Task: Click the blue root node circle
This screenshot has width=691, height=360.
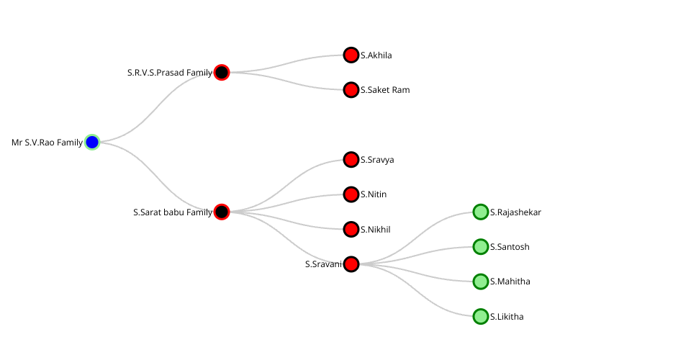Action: click(x=92, y=143)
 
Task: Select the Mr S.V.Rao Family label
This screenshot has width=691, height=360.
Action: click(x=48, y=143)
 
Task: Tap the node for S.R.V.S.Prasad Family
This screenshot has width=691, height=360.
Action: click(x=222, y=73)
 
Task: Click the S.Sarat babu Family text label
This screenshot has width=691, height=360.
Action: click(x=173, y=212)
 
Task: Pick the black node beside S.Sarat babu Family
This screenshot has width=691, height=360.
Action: click(x=222, y=212)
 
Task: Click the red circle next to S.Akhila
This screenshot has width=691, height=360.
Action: click(x=351, y=55)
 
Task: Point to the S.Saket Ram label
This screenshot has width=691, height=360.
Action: click(x=385, y=90)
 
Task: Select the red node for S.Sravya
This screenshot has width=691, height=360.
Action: click(x=351, y=160)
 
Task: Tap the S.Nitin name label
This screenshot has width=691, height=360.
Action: click(x=374, y=194)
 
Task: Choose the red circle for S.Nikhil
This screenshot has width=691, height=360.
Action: click(x=351, y=230)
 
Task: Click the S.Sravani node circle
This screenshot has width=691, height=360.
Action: click(x=351, y=264)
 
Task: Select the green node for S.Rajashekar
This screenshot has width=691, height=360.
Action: click(x=481, y=212)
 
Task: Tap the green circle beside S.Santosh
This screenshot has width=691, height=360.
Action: click(x=481, y=247)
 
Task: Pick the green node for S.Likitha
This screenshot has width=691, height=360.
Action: click(x=481, y=316)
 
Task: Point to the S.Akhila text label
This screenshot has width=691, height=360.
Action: click(x=376, y=55)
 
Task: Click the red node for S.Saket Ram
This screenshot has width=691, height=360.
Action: click(x=351, y=90)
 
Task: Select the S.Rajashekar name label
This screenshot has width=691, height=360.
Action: click(x=515, y=212)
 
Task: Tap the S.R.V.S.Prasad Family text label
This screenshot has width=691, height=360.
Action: click(x=170, y=73)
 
